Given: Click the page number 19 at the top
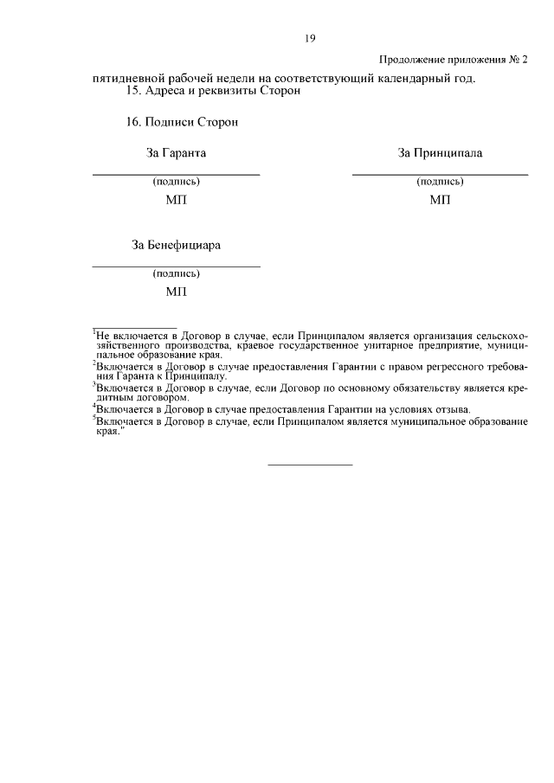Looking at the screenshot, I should point(309,38).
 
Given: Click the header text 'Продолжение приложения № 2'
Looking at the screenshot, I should point(454,60).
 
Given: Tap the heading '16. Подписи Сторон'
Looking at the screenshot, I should point(182,122).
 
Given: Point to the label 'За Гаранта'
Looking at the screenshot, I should point(177,153).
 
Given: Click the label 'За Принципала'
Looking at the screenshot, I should point(440,153).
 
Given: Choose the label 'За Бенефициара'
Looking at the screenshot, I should point(176,245).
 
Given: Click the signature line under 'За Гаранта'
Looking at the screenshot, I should point(176,175).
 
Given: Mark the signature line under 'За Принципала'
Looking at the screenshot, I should point(440,175).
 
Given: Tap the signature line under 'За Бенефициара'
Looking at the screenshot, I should point(176,266).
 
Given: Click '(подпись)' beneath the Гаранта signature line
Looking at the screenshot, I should point(176,182).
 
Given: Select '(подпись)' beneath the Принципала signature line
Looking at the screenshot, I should point(440,182).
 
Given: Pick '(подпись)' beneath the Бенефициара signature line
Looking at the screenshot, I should point(176,273).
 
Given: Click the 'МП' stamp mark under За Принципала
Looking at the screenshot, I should point(440,200).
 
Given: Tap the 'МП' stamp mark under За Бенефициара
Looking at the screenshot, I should point(176,292).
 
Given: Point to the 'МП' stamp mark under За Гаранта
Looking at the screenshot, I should point(176,200).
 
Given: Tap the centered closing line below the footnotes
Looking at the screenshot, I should point(310,465).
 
